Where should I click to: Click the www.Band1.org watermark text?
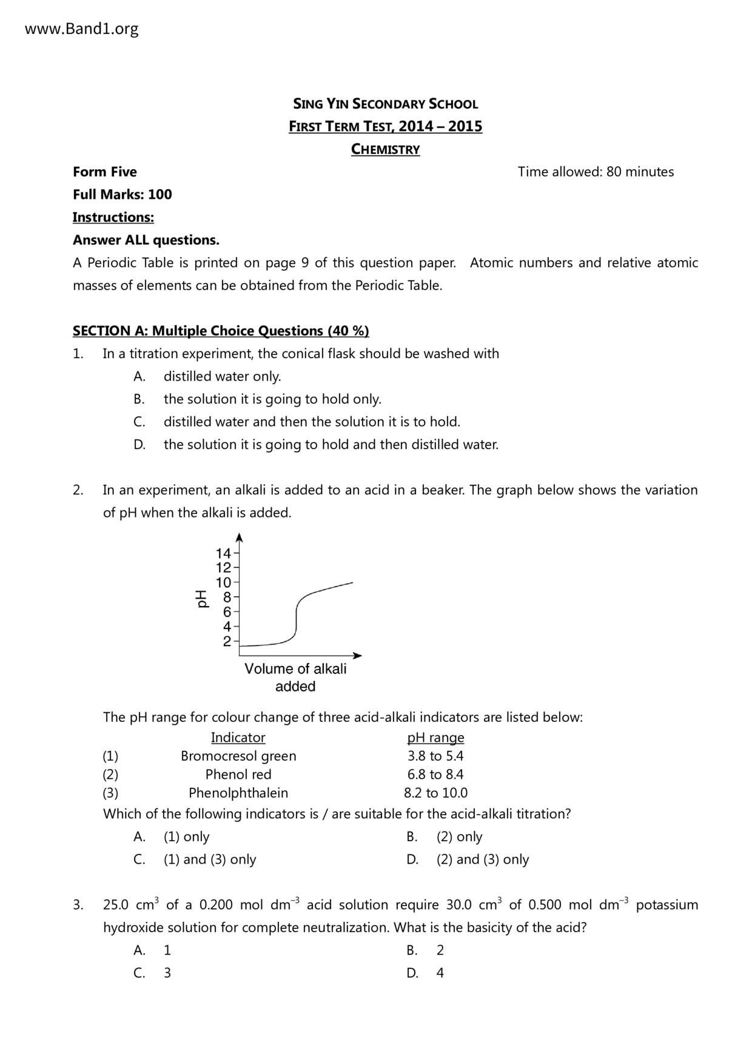pyautogui.click(x=82, y=28)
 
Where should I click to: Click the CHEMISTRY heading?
pyautogui.click(x=385, y=149)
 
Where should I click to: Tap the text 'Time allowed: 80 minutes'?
pyautogui.click(x=596, y=172)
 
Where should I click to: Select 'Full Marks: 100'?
pyautogui.click(x=122, y=195)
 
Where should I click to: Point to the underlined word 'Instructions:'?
pyautogui.click(x=113, y=217)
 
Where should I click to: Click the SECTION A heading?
pyautogui.click(x=221, y=331)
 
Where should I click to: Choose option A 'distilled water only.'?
pyautogui.click(x=222, y=376)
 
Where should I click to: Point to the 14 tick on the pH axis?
pyautogui.click(x=223, y=553)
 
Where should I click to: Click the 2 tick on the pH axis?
pyautogui.click(x=227, y=641)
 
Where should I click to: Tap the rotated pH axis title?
pyautogui.click(x=201, y=598)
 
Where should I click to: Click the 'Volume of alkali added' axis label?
pyautogui.click(x=295, y=678)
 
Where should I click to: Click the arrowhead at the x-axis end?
pyautogui.click(x=358, y=655)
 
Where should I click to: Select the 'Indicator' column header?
pyautogui.click(x=238, y=738)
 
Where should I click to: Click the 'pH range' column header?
pyautogui.click(x=435, y=738)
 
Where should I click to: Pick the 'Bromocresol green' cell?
pyautogui.click(x=238, y=756)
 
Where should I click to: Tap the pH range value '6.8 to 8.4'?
pyautogui.click(x=435, y=775)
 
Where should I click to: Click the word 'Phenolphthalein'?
pyautogui.click(x=238, y=793)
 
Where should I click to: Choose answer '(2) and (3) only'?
pyautogui.click(x=483, y=859)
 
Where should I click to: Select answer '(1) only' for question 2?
pyautogui.click(x=186, y=837)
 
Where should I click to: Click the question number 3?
pyautogui.click(x=78, y=905)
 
